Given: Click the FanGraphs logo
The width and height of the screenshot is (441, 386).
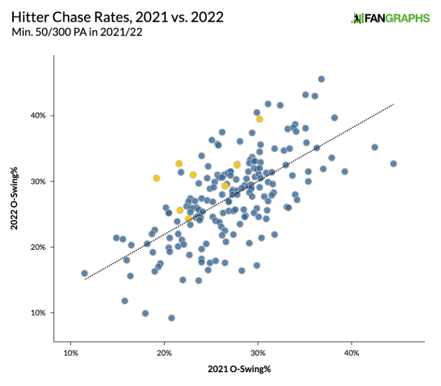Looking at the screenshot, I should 390,18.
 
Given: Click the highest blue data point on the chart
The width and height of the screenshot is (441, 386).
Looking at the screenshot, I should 321,79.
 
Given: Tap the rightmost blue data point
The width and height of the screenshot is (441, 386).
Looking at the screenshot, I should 393,164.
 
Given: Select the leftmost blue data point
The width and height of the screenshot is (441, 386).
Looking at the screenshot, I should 84,273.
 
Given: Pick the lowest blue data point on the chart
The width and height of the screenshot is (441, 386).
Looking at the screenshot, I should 171,318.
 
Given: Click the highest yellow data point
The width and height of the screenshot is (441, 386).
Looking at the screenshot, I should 260,119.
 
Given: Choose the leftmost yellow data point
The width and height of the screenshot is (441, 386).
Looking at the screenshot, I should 156,178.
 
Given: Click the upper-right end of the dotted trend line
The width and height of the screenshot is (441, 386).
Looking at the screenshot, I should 393,105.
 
